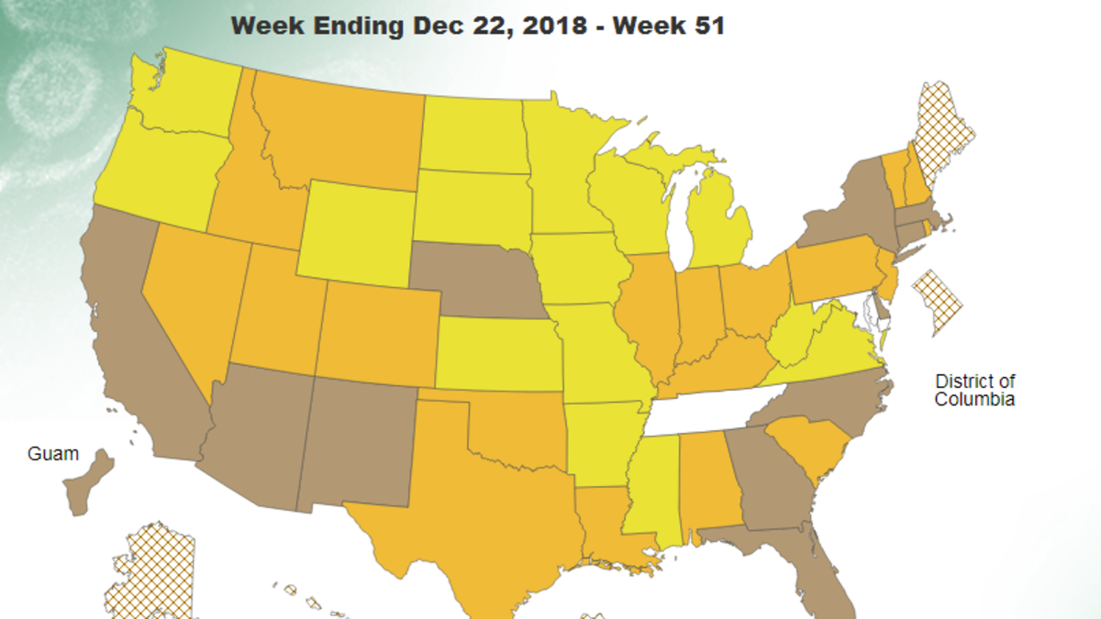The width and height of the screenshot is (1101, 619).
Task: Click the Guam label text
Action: coord(52,454)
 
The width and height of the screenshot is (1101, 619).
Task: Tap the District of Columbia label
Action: coord(974,390)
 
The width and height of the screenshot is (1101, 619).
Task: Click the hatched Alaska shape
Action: coord(151,573)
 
